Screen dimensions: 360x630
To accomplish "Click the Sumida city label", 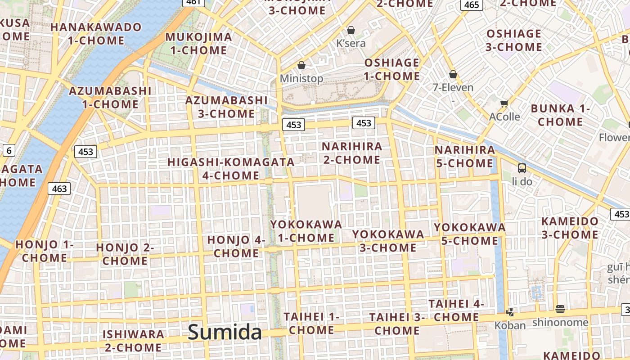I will click(225, 333).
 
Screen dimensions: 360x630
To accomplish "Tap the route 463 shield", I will click(59, 189).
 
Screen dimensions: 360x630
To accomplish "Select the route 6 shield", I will click(9, 150).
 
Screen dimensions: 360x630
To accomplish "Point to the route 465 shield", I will click(471, 4).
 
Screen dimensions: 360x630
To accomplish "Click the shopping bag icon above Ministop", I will click(301, 65).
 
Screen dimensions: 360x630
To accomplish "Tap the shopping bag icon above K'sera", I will click(351, 30).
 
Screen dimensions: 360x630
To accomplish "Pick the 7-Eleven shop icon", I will click(453, 74).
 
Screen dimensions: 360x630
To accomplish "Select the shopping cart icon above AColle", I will click(504, 103).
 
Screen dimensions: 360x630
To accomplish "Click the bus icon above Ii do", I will click(522, 168).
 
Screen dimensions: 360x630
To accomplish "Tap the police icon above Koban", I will click(510, 311).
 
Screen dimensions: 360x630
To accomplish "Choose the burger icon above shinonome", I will click(560, 309).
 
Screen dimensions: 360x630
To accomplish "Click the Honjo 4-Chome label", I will click(236, 246).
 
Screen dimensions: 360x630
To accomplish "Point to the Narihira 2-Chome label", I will click(352, 153).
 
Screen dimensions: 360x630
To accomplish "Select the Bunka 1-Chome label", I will click(560, 115).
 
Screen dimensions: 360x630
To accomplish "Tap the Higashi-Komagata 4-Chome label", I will click(231, 168).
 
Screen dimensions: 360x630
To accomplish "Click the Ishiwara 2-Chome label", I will click(133, 341).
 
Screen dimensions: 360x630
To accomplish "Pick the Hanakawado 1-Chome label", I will click(96, 34).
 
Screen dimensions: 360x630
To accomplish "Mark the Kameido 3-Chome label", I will click(570, 228).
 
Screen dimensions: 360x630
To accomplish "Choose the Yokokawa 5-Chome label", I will click(470, 234).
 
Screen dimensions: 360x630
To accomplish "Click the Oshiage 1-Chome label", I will click(392, 69).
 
